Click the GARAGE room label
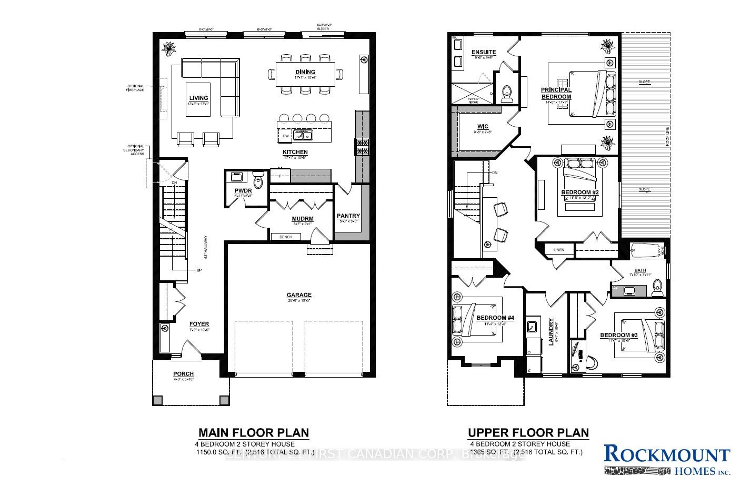coord(299,295)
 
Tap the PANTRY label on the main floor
coord(348,216)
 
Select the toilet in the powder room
coord(258,182)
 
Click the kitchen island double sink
coord(303,136)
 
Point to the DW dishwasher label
coord(286,136)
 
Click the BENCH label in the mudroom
coord(286,237)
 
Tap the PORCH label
coord(183,374)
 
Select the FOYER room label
coord(199,324)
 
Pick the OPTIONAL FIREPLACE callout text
coord(135,88)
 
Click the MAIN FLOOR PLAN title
coord(253,433)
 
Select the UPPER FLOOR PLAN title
coord(528,433)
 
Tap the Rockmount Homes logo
coord(667,459)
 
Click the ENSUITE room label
coord(483,52)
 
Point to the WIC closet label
coord(483,127)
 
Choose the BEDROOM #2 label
coord(580,192)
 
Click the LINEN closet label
coord(559,250)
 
